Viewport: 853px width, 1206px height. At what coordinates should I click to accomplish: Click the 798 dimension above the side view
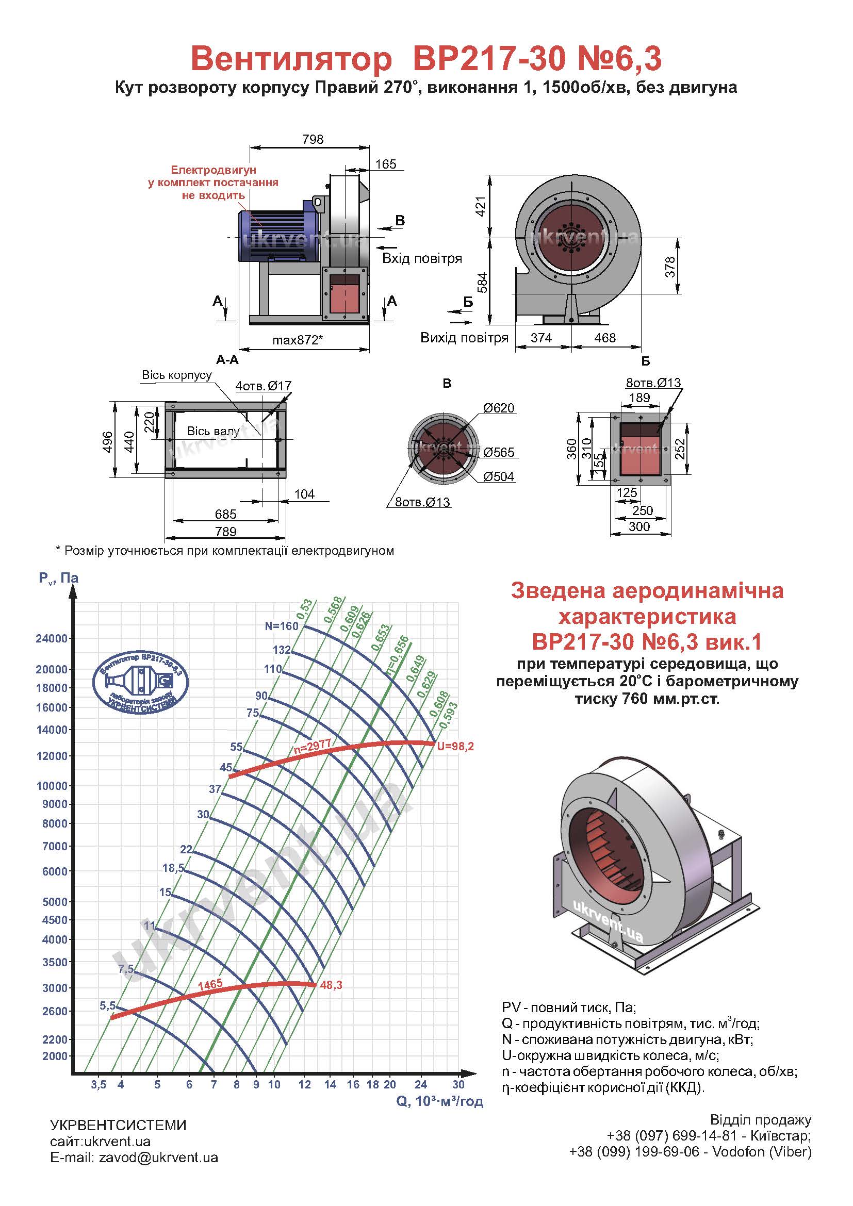pos(313,140)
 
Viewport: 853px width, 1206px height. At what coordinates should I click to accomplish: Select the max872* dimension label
pos(297,340)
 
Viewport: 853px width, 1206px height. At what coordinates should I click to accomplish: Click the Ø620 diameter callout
pos(499,408)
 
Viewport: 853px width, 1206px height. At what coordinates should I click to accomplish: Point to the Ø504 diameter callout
pos(499,477)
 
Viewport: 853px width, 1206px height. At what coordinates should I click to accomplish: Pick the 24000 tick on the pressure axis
pos(52,639)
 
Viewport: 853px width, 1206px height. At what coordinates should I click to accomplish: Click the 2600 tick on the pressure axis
pos(55,1011)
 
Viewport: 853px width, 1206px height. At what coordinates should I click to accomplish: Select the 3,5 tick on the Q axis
pos(98,1085)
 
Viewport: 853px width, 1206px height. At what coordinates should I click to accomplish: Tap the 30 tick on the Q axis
pos(458,1084)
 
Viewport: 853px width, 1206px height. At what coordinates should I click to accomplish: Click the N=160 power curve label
pos(282,625)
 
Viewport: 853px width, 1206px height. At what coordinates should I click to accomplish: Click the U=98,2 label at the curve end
pos(455,746)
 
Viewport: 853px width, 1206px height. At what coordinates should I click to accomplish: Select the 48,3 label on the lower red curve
pos(331,985)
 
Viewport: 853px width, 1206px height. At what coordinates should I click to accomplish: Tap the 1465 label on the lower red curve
pos(210,984)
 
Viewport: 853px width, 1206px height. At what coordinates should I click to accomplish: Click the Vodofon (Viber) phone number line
pos(690,1152)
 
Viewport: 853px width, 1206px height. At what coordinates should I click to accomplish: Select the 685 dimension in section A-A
pos(225,514)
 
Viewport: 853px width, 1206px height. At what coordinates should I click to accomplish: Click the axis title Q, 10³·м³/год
pos(439,1102)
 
